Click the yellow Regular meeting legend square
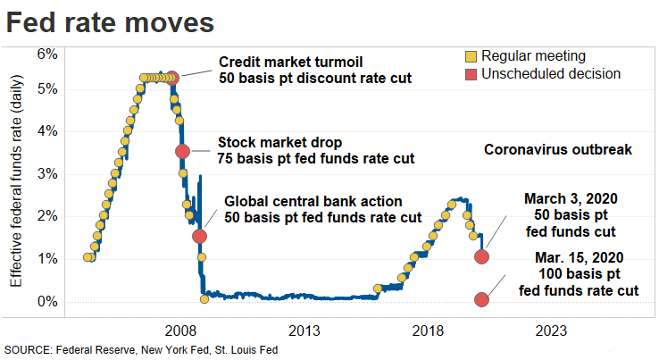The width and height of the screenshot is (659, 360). [x=472, y=56]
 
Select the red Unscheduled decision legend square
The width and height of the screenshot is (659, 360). [x=472, y=73]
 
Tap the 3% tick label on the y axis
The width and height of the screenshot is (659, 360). [x=46, y=173]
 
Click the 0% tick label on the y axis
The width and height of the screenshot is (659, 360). [x=46, y=301]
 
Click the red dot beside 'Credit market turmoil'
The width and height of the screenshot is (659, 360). [x=172, y=78]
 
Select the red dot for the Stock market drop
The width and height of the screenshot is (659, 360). [x=182, y=151]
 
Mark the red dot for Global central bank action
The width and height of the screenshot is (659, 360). [x=199, y=236]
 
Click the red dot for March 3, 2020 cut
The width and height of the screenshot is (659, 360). [x=482, y=256]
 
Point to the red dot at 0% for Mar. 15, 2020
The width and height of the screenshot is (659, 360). [x=482, y=299]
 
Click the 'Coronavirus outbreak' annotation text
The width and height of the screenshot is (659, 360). [x=557, y=150]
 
